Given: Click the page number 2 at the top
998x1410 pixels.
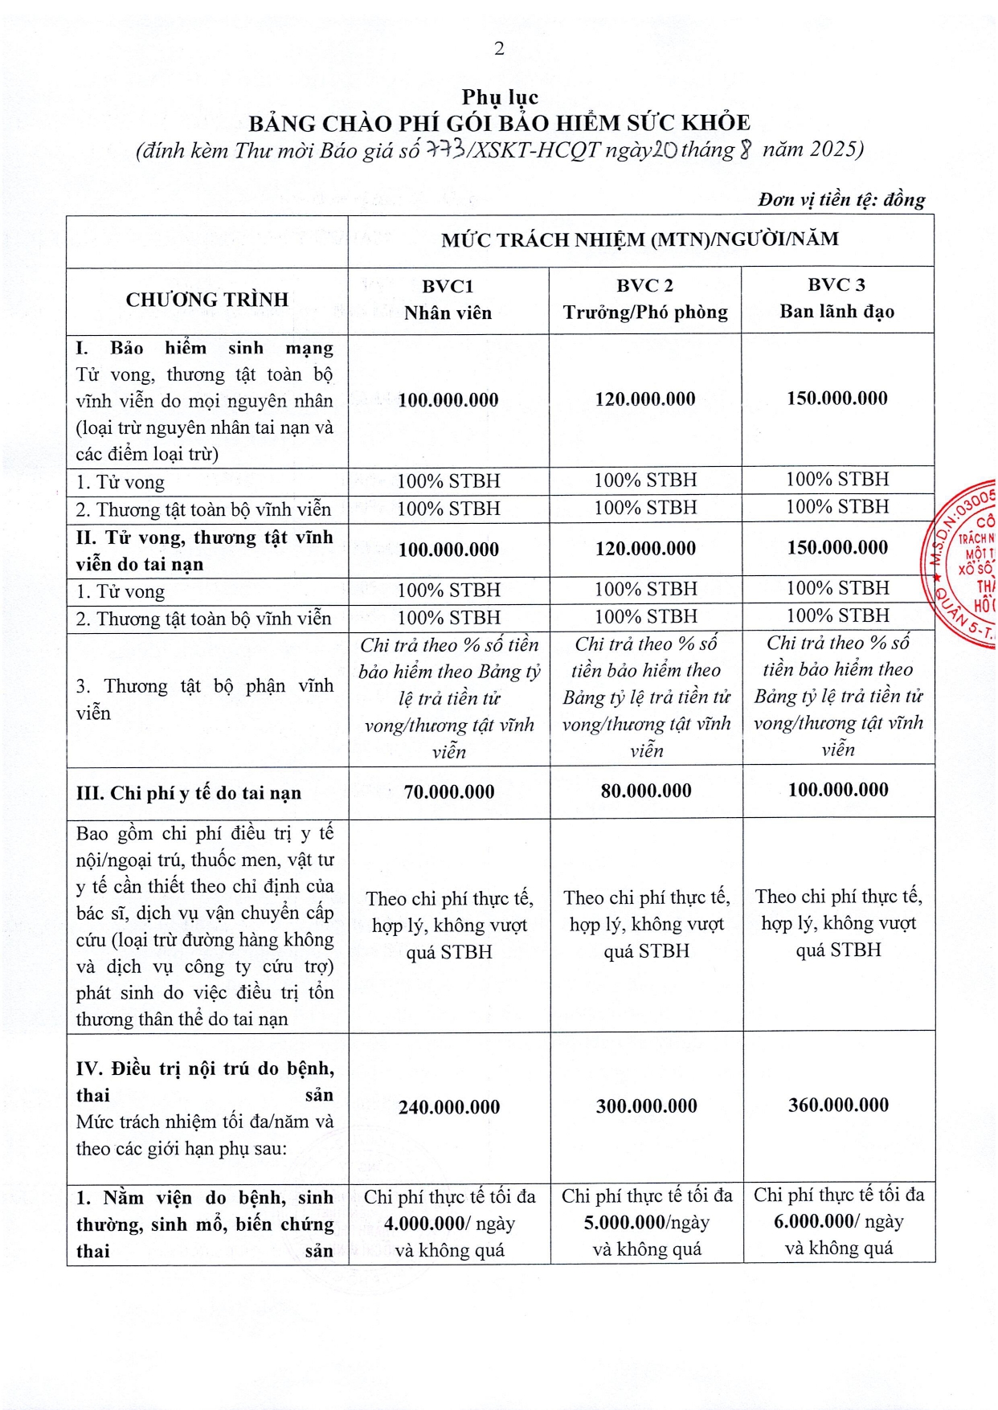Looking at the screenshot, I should [499, 49].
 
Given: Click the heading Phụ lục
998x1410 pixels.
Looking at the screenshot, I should [500, 97].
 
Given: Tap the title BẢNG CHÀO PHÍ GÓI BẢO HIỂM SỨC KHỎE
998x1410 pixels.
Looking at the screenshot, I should [499, 123].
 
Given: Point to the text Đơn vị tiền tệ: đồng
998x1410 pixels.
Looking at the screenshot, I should [841, 199].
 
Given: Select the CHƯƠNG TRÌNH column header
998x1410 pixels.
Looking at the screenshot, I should [207, 300].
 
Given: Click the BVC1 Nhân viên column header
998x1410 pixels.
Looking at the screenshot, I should [448, 300].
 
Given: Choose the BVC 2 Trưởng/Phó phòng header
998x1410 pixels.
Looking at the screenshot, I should [645, 299].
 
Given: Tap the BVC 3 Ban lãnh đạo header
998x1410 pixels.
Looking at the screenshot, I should [836, 298].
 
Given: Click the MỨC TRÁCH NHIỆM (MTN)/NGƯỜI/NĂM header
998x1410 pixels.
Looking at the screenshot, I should [640, 239].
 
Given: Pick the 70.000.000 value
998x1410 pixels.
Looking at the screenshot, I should [449, 792].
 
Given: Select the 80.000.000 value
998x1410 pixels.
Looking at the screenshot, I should [646, 791].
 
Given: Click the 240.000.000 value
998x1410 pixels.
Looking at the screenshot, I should [449, 1107].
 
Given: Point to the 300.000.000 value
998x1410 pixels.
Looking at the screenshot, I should [646, 1106].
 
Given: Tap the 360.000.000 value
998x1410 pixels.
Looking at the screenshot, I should [838, 1106].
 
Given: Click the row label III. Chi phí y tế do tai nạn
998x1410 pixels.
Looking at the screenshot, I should [189, 793].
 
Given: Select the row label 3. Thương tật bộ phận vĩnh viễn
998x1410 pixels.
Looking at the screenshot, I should [204, 699].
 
